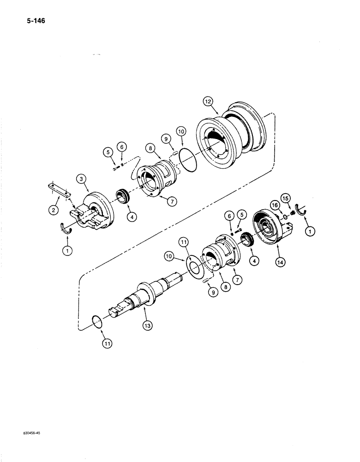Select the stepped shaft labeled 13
[141, 291]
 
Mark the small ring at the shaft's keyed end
[98, 322]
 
